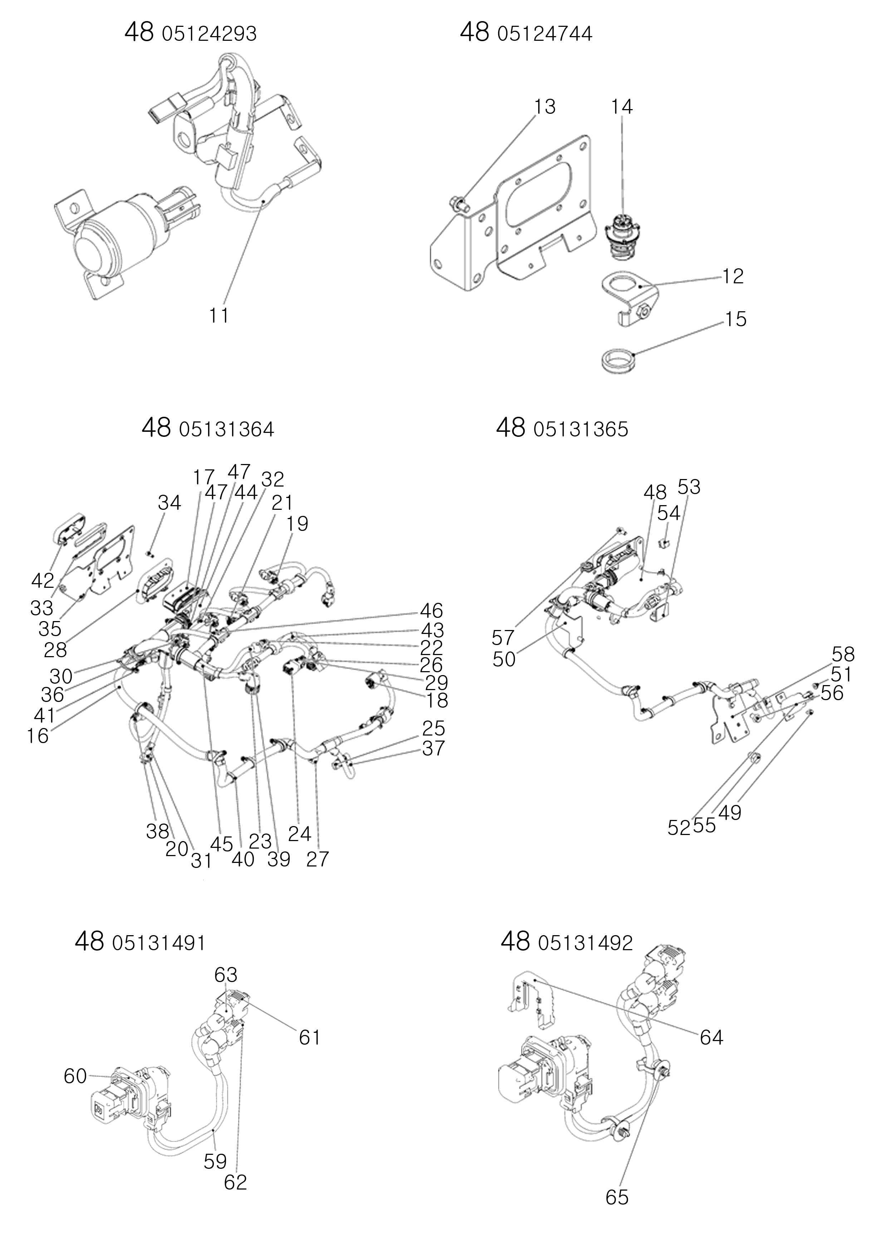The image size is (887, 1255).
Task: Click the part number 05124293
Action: coord(209,34)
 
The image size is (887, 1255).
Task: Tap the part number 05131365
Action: coord(581,430)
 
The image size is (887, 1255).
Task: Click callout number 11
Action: coord(219,316)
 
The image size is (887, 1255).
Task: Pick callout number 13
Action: coord(545,107)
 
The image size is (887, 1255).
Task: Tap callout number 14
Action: coord(622,107)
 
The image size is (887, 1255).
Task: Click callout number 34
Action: coord(170,502)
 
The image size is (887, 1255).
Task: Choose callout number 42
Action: coord(43,581)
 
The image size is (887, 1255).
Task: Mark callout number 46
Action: coord(432,611)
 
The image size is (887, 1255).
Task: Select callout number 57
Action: coord(503,638)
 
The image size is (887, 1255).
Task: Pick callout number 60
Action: coord(75,1076)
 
